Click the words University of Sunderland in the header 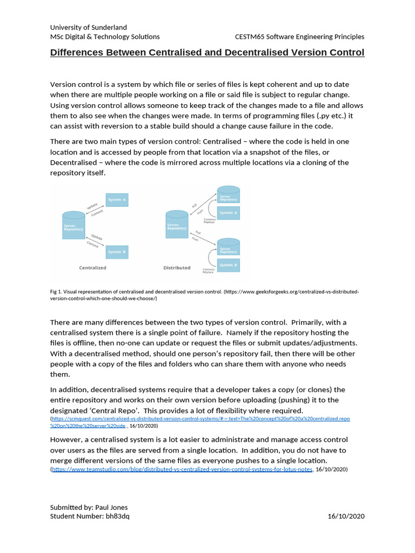point(89,27)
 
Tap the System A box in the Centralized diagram point(117,200)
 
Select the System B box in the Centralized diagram point(117,252)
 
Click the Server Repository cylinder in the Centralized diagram point(74,226)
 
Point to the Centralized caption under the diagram point(93,268)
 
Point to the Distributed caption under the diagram point(177,268)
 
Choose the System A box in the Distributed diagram point(228,213)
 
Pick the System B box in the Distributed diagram point(228,265)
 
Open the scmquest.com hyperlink point(200,419)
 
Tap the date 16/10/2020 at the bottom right point(346,516)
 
